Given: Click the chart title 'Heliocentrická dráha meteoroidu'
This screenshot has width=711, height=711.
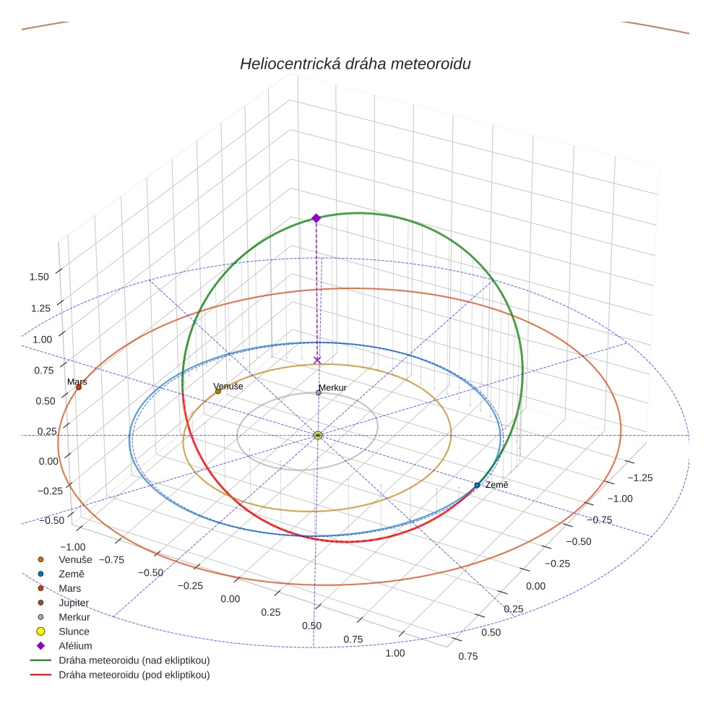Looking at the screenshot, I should coord(355,64).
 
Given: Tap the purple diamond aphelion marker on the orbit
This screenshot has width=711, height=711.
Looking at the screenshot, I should coord(316,217).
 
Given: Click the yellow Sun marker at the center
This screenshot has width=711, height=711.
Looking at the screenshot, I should coord(318,435).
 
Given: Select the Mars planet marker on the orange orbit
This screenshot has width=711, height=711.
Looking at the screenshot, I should coord(79,387).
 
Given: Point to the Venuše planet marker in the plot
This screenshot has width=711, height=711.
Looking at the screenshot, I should coord(218,391).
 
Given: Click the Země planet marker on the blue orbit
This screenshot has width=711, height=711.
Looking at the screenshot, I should coord(477,485).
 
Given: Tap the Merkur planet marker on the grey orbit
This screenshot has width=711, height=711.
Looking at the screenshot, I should coord(319,392).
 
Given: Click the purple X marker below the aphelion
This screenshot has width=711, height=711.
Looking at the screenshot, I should coord(317,360).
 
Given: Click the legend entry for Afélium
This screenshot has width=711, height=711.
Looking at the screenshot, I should coord(75,646).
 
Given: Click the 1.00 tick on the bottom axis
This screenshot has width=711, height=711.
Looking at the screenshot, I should coord(395,653).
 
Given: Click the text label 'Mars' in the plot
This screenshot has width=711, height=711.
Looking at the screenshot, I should coord(76,381).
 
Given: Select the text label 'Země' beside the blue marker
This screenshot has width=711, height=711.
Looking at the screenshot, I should coord(496,485).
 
